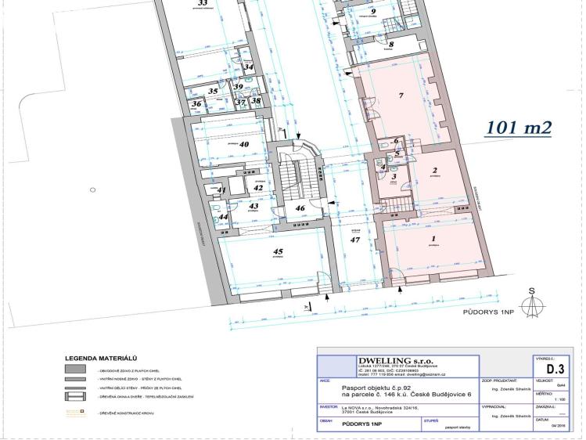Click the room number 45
coord(277,251)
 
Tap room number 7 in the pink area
coord(400,96)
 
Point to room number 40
coord(243,144)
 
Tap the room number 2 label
coord(433,171)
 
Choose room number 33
coord(203,3)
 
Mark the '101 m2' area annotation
coord(518,128)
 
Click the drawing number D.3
coord(555,368)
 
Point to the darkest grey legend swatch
coord(77,368)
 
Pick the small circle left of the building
coord(92,189)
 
